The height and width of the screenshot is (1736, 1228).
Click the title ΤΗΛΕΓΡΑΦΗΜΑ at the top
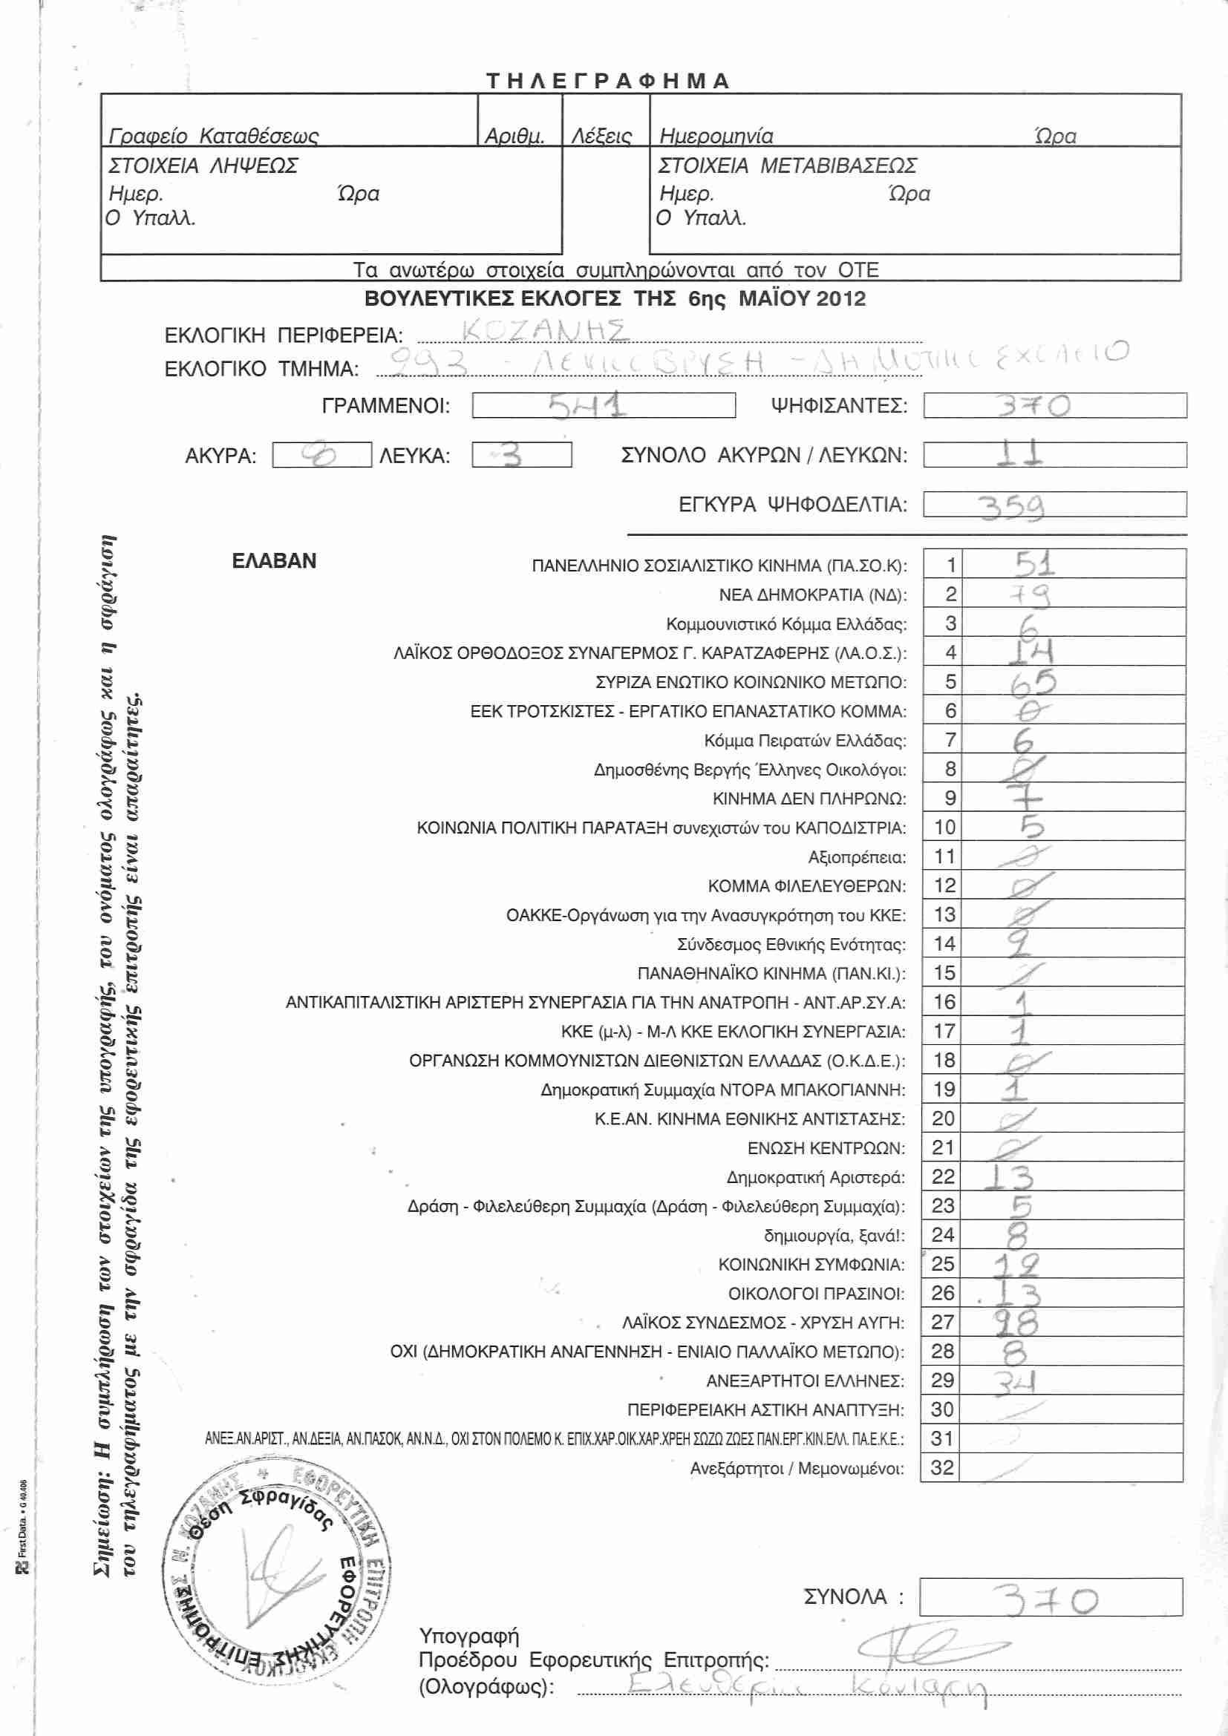[x=608, y=81]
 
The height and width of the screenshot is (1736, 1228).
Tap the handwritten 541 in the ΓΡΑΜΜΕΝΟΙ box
[x=587, y=406]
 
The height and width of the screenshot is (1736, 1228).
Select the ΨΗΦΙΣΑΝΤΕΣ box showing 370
[x=1054, y=406]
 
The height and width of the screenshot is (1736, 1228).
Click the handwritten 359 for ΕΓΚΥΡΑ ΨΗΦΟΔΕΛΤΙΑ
[x=1012, y=506]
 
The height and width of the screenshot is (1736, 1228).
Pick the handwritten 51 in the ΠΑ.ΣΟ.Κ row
[x=1034, y=564]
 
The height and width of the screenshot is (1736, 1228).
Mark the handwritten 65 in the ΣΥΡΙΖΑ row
[x=1033, y=683]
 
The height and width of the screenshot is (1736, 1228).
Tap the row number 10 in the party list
[x=944, y=827]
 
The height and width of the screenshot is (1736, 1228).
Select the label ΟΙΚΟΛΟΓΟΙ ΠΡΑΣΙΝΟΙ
[x=816, y=1294]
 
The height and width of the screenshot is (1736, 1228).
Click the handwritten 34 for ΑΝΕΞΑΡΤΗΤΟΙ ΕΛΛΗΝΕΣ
[x=1014, y=1382]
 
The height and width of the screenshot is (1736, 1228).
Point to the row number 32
[x=942, y=1467]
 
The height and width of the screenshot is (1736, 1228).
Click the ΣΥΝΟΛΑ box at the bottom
[x=1051, y=1597]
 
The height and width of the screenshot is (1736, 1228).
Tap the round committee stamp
[x=276, y=1576]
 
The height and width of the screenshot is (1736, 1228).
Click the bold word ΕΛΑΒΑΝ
[x=274, y=561]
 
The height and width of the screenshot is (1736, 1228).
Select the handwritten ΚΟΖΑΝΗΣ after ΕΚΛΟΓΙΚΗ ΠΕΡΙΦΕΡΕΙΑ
[x=544, y=331]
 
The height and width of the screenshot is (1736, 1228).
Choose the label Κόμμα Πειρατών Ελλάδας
[x=805, y=741]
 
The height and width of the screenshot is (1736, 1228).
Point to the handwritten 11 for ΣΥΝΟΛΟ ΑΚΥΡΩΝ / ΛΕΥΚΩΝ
[x=1019, y=453]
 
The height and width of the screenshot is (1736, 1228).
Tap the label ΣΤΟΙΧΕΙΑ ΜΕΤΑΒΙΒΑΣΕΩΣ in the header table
[x=787, y=166]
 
